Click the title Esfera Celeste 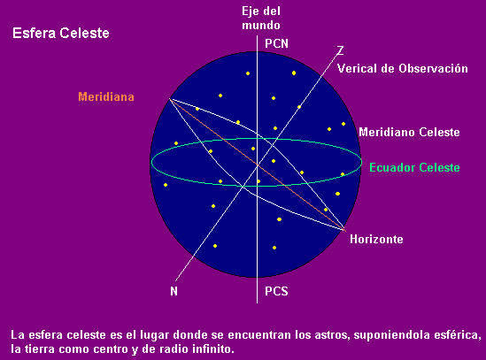(61, 33)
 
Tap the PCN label (276, 43)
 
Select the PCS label (276, 291)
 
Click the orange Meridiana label (106, 96)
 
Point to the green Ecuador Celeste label (414, 167)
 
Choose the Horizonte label (376, 239)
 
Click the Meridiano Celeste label (409, 133)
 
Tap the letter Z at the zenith (340, 50)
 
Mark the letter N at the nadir (174, 291)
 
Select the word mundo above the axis (261, 25)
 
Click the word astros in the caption (332, 335)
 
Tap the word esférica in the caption (457, 335)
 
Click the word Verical (357, 68)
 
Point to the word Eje (250, 11)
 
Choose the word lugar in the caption (155, 335)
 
